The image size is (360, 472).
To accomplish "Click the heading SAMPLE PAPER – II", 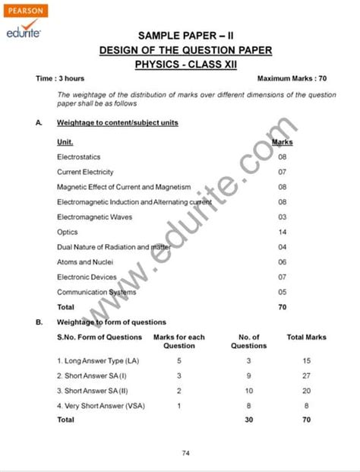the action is click(x=185, y=36).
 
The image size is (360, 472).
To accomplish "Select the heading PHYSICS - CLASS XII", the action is click(x=185, y=65).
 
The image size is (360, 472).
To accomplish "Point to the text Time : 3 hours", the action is click(x=60, y=78).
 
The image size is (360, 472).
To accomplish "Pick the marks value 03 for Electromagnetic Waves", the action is click(x=283, y=217).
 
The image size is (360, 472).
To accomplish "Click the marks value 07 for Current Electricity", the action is click(x=283, y=172).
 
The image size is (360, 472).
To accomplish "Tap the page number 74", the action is click(x=185, y=453).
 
